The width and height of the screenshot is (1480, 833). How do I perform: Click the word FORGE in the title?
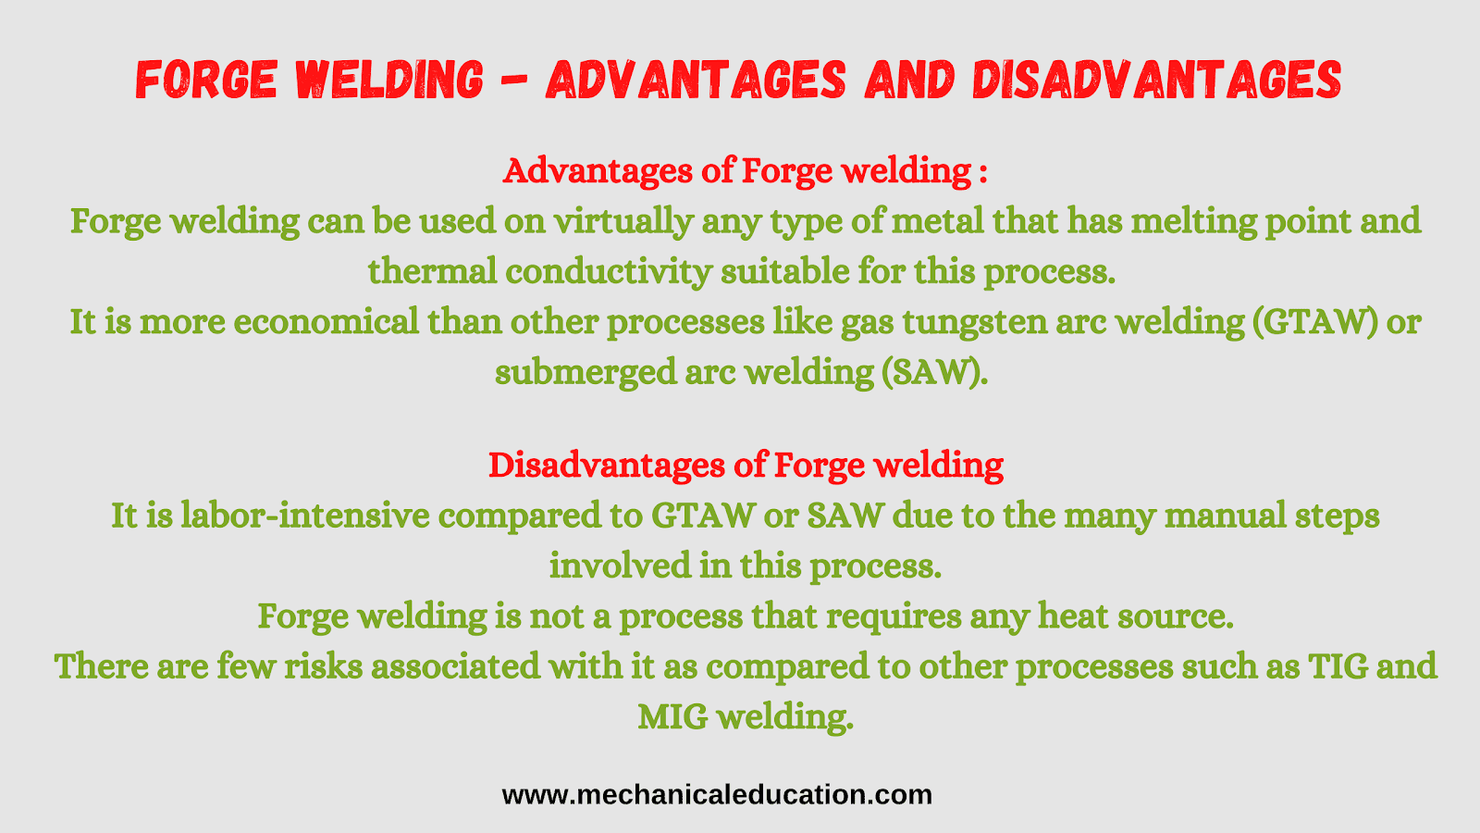click(x=206, y=80)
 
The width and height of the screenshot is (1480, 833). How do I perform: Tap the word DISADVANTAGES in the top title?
click(x=1157, y=80)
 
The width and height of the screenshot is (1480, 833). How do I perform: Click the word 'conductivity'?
click(x=608, y=271)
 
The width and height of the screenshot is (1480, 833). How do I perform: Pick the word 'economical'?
click(x=327, y=322)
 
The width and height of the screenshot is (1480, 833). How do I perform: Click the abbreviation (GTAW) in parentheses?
click(x=1313, y=322)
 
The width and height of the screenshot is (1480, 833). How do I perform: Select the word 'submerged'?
click(x=586, y=371)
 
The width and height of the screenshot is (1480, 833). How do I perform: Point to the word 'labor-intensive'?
click(x=305, y=515)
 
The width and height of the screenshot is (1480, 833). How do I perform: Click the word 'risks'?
click(x=323, y=665)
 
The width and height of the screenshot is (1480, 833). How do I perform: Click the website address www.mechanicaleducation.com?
click(x=717, y=795)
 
